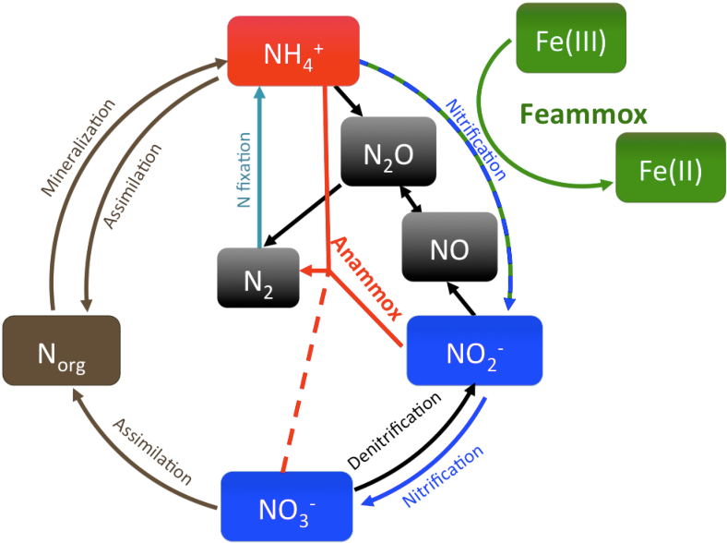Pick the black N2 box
click(x=258, y=277)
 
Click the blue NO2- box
click(x=473, y=350)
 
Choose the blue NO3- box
click(x=288, y=504)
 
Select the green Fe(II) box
click(x=658, y=166)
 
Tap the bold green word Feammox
click(x=582, y=115)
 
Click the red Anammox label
click(x=365, y=278)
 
